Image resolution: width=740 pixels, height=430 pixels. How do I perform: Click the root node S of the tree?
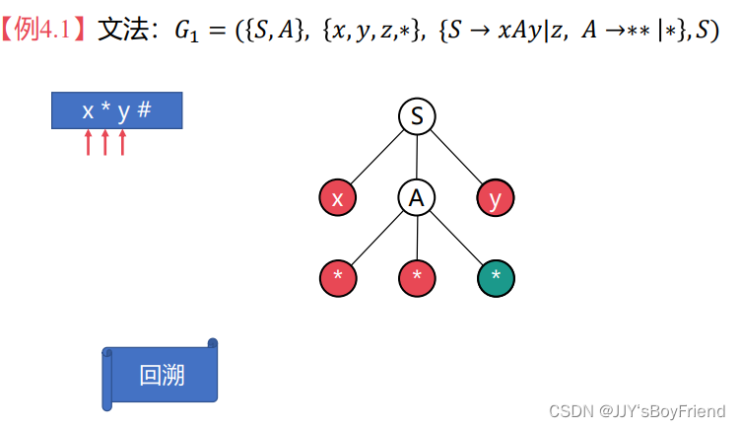[417, 116]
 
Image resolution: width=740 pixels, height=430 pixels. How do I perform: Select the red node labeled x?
[338, 198]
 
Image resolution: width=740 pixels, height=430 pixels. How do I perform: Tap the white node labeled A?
[417, 198]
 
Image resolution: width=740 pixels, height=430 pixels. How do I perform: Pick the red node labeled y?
[496, 198]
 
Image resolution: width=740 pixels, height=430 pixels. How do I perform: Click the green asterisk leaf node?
[496, 276]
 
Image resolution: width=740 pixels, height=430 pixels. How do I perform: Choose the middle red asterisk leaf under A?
[417, 276]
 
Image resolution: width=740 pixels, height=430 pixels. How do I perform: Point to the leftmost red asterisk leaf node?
[338, 276]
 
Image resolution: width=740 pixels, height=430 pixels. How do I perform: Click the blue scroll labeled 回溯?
[161, 375]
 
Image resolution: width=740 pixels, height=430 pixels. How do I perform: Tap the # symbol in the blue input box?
[144, 109]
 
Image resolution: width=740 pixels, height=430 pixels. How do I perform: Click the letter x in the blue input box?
[88, 110]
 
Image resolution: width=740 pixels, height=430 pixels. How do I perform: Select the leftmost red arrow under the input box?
[88, 143]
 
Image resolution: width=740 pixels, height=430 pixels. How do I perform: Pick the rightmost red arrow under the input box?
[122, 143]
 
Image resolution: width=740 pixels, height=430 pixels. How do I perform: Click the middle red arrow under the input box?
[105, 143]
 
